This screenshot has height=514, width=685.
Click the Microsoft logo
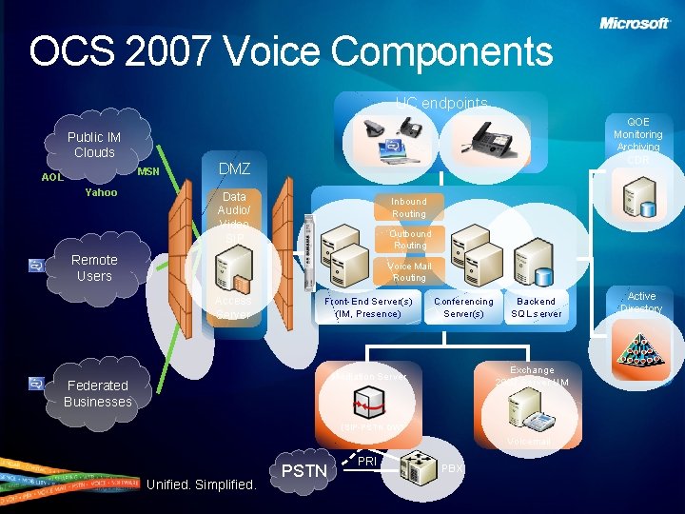635,23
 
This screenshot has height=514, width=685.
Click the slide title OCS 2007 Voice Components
290,51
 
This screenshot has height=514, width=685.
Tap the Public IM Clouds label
93,145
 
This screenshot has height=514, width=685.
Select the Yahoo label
101,192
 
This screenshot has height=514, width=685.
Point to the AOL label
52,177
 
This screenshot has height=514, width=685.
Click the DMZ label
234,168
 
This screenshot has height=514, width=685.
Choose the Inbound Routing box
409,208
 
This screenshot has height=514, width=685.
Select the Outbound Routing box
410,240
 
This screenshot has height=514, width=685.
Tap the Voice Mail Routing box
410,272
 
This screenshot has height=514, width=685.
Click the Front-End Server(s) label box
368,307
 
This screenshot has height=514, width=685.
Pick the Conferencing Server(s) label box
463,307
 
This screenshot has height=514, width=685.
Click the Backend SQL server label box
537,307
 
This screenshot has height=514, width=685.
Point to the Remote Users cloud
94,267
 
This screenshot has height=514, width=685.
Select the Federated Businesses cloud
97,393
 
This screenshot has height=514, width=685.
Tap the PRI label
367,461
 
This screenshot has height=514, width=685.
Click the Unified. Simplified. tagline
202,484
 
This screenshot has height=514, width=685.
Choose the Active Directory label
641,303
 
